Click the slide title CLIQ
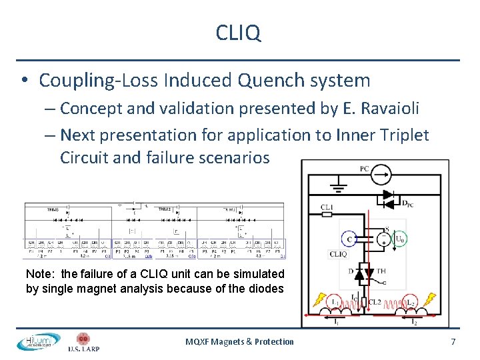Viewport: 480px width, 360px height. [x=239, y=33]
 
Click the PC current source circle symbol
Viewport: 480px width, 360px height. [x=381, y=175]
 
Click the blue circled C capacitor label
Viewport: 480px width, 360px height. [x=349, y=239]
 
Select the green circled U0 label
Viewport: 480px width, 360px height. [x=399, y=239]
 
